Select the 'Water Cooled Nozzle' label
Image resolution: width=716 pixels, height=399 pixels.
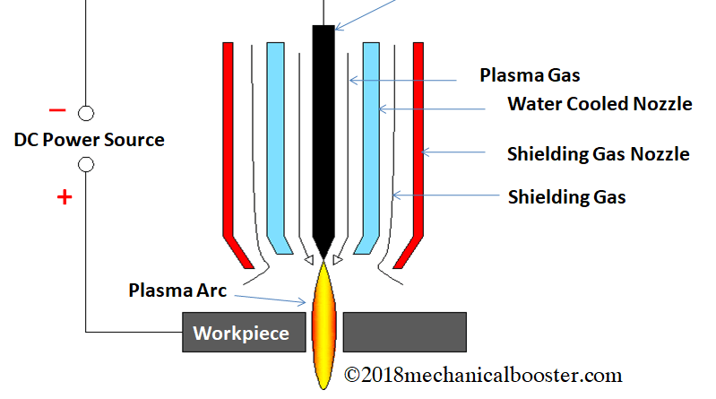point(600,104)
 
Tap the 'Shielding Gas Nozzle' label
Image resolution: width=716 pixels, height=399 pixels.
point(598,154)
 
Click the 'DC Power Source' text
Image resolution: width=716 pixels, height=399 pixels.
point(90,140)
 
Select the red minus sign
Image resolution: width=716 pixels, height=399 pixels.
point(57,110)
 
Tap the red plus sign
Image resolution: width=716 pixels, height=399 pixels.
point(64,197)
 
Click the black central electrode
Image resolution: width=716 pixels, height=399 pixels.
point(323,134)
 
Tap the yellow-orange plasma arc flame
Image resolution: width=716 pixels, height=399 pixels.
point(323,323)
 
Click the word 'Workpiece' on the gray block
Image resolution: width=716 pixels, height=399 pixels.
point(241,334)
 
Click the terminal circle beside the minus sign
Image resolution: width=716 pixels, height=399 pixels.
point(86,113)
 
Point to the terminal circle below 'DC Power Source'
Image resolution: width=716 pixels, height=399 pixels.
point(86,165)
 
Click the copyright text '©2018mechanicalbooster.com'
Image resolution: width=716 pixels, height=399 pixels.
point(483,375)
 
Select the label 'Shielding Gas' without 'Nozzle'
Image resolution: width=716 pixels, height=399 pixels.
point(566,196)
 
